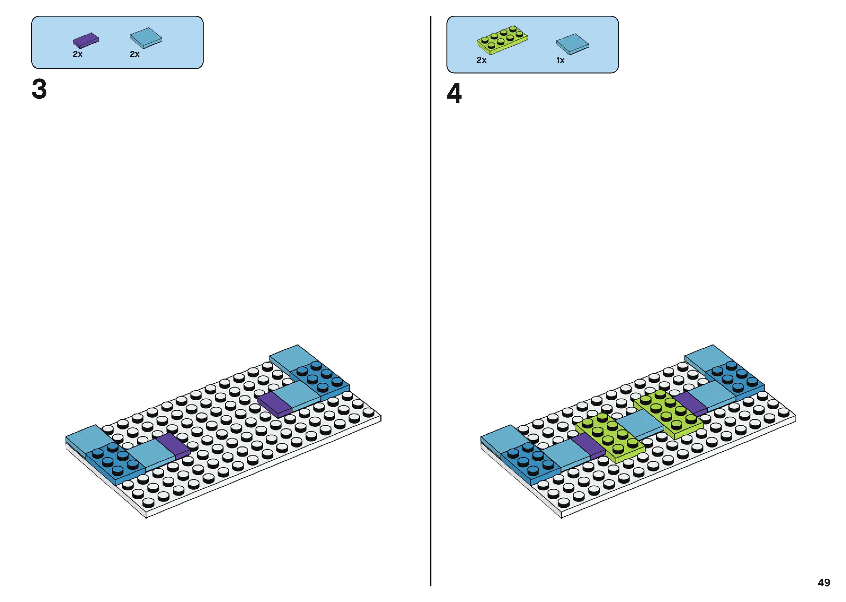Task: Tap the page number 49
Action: [824, 582]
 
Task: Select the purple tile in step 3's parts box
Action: [86, 40]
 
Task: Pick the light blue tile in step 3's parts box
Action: [146, 37]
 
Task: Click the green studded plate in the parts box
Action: [502, 39]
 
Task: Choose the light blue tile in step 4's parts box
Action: [572, 43]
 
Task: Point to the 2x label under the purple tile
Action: [77, 54]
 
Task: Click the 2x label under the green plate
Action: [481, 60]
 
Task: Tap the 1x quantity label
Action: [560, 60]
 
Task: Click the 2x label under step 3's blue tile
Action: [135, 54]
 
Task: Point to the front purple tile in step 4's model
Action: [588, 446]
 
